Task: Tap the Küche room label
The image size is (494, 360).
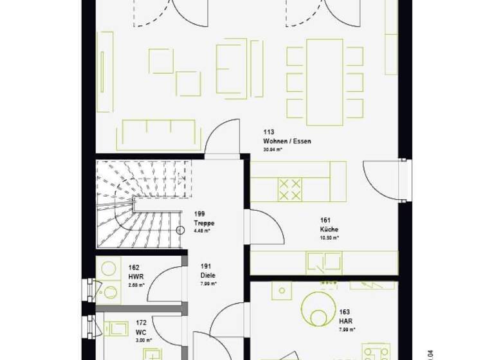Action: click(329, 230)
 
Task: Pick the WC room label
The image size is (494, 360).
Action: click(141, 332)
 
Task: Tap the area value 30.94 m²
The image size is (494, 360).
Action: click(275, 149)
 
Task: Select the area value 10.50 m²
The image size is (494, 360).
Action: click(329, 237)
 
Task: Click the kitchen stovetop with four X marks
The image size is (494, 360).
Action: click(289, 190)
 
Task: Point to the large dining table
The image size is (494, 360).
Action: click(324, 82)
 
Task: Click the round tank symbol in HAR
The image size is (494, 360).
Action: click(318, 309)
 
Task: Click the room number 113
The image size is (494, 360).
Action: click(268, 132)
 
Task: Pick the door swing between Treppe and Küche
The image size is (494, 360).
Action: click(265, 227)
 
